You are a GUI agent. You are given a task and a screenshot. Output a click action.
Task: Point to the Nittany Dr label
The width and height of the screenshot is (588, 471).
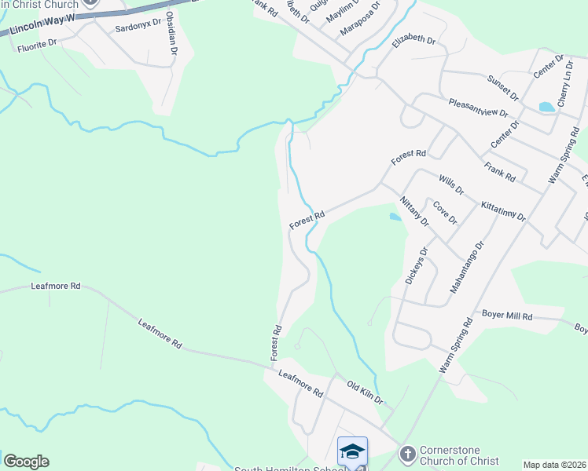(413, 211)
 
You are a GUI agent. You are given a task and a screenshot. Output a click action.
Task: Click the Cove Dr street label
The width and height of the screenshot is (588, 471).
(445, 212)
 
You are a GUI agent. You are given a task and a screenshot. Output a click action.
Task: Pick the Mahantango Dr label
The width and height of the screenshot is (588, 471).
(468, 268)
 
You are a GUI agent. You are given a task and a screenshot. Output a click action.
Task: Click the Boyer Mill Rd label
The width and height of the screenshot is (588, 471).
(507, 316)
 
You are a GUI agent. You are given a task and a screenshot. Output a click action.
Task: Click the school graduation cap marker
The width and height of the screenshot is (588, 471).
(352, 451)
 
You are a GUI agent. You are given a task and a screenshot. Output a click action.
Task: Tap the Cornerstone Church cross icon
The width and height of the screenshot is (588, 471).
(407, 454)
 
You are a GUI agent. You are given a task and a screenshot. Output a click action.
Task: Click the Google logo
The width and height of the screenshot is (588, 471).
(26, 462)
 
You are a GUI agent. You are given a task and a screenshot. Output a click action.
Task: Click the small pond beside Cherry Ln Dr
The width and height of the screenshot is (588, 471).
(546, 107)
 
